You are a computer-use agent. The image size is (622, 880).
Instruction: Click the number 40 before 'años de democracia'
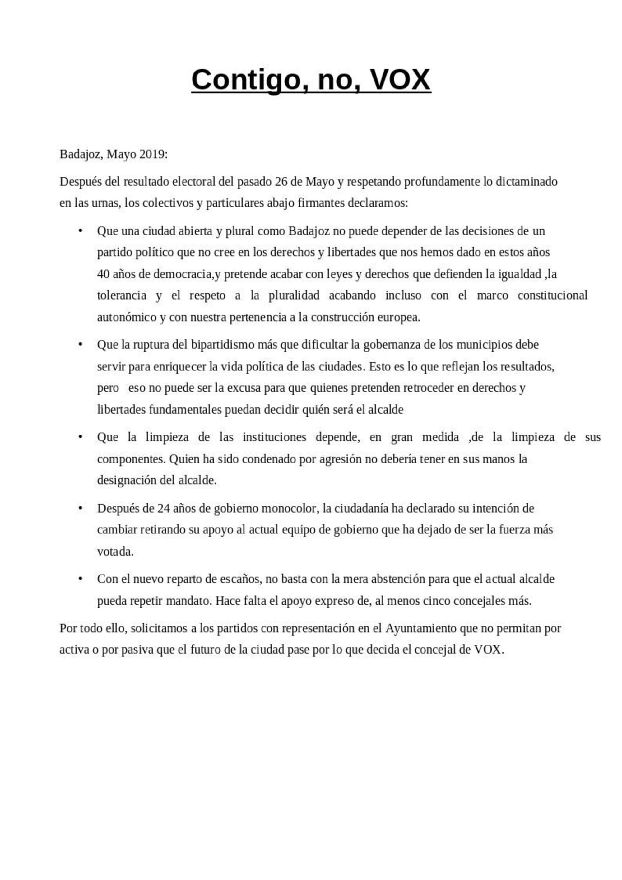pyautogui.click(x=103, y=274)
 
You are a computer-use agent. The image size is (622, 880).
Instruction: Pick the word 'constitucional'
pyautogui.click(x=552, y=296)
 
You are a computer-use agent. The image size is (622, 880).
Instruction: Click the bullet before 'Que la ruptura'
pyautogui.click(x=81, y=345)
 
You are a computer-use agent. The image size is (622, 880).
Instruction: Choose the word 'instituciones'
pyautogui.click(x=274, y=437)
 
